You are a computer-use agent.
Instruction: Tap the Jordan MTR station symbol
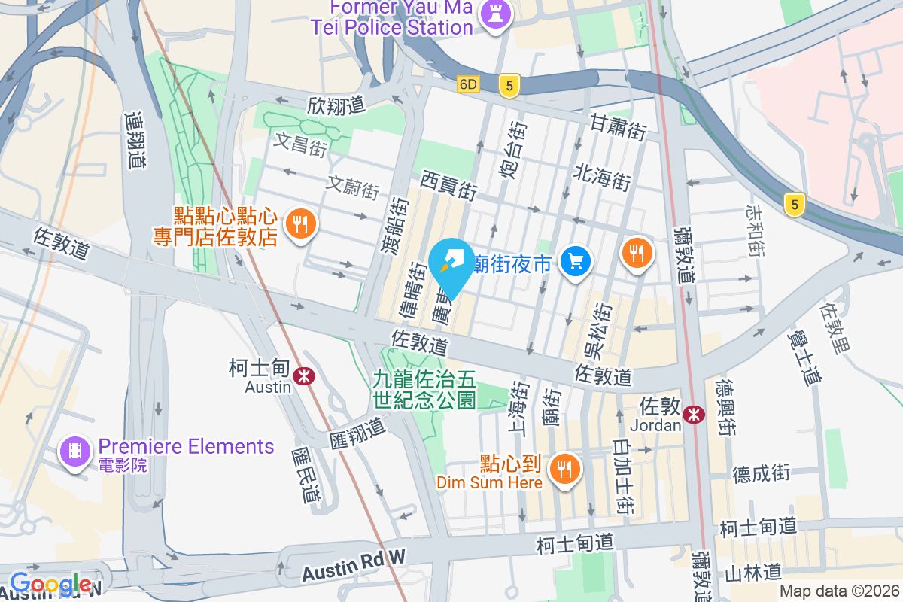tap(694, 413)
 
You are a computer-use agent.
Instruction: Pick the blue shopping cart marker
tap(576, 261)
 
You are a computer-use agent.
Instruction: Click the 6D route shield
tap(468, 84)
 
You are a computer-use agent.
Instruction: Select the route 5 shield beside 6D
tap(509, 87)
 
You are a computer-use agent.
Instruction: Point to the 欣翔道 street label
tap(336, 105)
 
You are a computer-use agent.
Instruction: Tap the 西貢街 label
tap(448, 184)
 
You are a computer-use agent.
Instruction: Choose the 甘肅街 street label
tap(618, 126)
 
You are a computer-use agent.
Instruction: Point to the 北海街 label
tap(601, 178)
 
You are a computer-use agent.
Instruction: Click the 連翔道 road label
tap(135, 140)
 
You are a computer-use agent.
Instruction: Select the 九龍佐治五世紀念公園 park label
tap(424, 390)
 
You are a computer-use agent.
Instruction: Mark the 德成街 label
tap(762, 473)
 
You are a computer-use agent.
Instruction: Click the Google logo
tap(51, 584)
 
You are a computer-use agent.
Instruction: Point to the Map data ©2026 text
tap(839, 591)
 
